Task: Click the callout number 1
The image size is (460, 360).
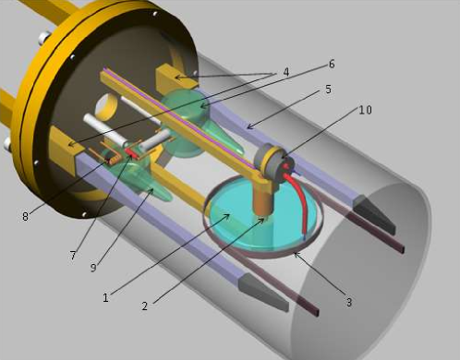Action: click(105, 297)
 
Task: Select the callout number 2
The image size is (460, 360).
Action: click(145, 306)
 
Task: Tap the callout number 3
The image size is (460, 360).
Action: click(349, 302)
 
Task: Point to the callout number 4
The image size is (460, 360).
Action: click(286, 72)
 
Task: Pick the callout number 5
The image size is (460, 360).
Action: click(328, 90)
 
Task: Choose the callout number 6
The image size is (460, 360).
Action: click(332, 64)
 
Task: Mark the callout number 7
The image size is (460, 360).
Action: click(73, 256)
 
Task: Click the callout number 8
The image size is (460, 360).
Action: click(25, 216)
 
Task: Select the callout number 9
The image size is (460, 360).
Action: click(93, 268)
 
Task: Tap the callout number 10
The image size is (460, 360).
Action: click(365, 110)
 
